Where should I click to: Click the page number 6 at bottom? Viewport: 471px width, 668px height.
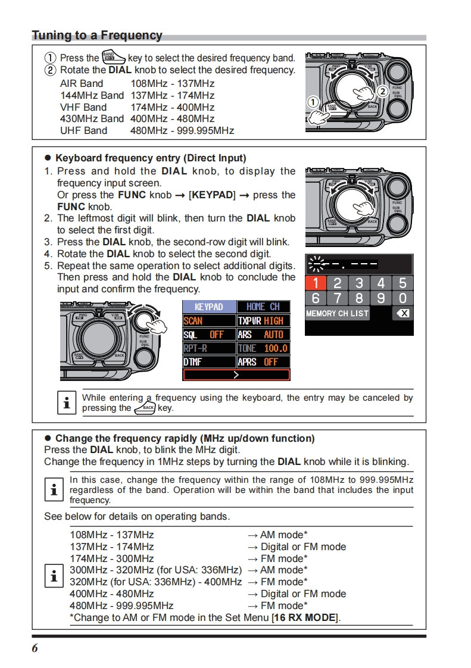(35, 648)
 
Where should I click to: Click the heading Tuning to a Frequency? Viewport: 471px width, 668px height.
(97, 35)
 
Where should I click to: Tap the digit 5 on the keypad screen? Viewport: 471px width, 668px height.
(403, 283)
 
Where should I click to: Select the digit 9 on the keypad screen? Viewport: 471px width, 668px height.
(381, 298)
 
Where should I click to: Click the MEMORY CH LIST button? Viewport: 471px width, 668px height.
(337, 313)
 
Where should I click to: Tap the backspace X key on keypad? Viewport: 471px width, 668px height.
(403, 313)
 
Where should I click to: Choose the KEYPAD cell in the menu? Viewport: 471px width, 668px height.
(208, 307)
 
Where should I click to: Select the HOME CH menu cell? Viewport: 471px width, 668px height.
(263, 307)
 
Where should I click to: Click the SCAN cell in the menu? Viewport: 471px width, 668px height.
(208, 320)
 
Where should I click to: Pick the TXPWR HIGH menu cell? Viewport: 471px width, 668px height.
(263, 320)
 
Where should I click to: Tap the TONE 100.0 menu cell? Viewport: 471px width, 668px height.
(263, 348)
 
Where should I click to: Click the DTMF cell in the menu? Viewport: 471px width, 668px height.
(208, 361)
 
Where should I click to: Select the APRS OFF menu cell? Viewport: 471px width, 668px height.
(263, 361)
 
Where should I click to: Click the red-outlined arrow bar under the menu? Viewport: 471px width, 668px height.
(236, 375)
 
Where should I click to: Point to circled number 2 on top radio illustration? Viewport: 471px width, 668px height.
(382, 91)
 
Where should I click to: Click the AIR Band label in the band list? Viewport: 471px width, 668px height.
(82, 83)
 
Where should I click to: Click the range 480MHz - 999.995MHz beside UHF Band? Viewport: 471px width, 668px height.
(182, 130)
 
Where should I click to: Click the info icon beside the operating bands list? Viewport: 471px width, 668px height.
(54, 576)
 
